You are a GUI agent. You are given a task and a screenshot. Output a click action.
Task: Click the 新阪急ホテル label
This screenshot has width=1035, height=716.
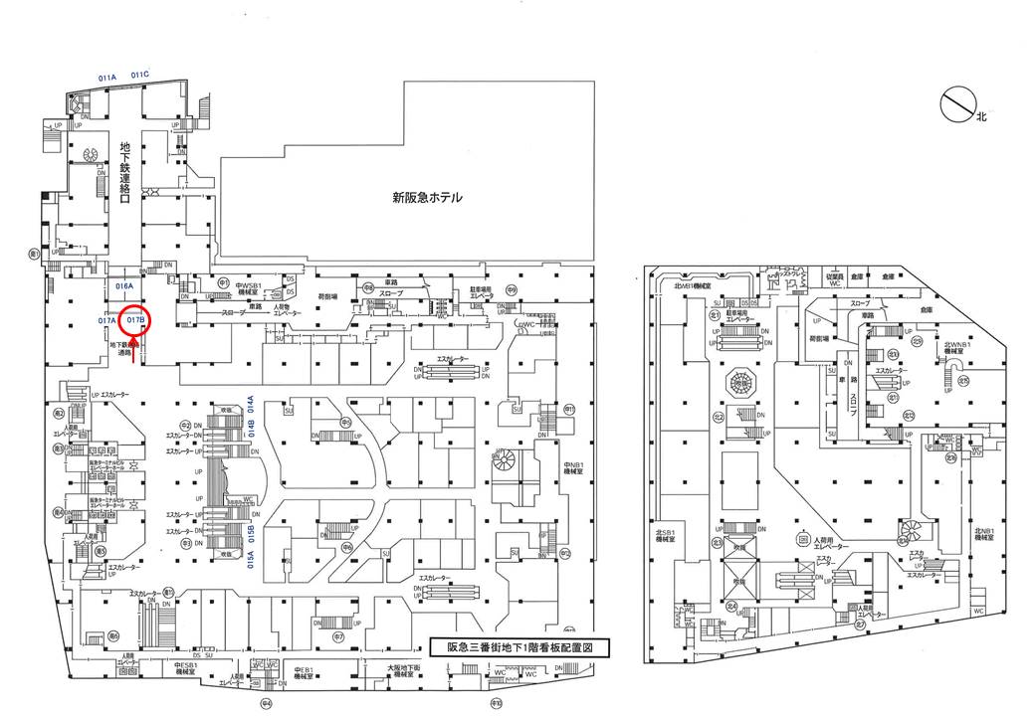pyautogui.click(x=427, y=198)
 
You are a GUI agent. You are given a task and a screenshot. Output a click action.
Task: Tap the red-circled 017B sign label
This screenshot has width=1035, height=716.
pyautogui.click(x=136, y=320)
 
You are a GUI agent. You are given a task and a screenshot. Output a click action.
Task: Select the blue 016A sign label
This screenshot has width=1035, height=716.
pyautogui.click(x=124, y=285)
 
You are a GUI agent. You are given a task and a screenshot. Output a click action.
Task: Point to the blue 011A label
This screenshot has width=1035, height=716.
pyautogui.click(x=107, y=76)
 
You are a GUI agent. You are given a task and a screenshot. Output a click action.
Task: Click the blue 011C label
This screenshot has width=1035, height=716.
pyautogui.click(x=138, y=75)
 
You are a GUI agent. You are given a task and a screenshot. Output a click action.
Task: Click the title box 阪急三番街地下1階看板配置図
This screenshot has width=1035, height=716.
pyautogui.click(x=518, y=646)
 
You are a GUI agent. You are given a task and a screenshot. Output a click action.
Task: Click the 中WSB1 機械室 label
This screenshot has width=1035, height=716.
pyautogui.click(x=249, y=289)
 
